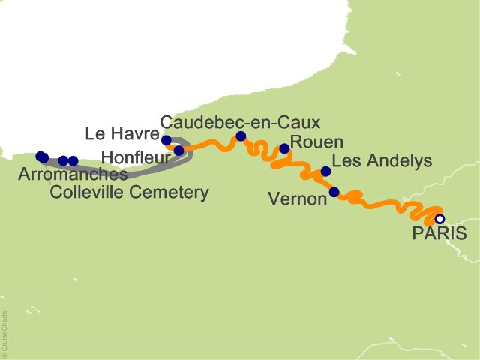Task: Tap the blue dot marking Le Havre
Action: click(166, 140)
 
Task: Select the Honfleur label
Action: click(135, 157)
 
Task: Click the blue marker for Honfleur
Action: click(178, 151)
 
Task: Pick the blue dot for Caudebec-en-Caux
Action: click(241, 136)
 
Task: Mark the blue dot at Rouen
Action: click(284, 148)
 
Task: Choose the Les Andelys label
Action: click(382, 161)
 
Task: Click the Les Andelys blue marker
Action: click(325, 172)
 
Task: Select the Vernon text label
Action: click(297, 199)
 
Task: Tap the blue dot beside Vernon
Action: click(334, 192)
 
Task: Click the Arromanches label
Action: click(73, 175)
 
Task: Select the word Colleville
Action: click(89, 193)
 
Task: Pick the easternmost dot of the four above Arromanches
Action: click(73, 161)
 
